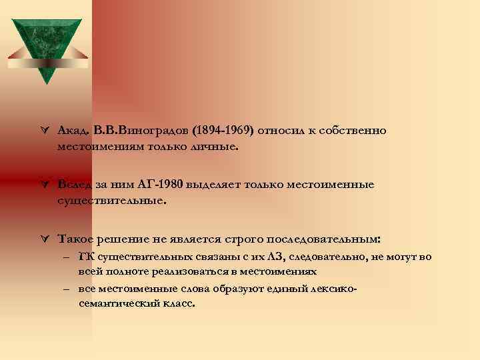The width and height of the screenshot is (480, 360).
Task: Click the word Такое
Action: point(77,238)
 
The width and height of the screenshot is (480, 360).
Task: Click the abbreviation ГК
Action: point(86,257)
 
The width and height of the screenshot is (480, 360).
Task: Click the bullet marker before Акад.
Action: point(43,131)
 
